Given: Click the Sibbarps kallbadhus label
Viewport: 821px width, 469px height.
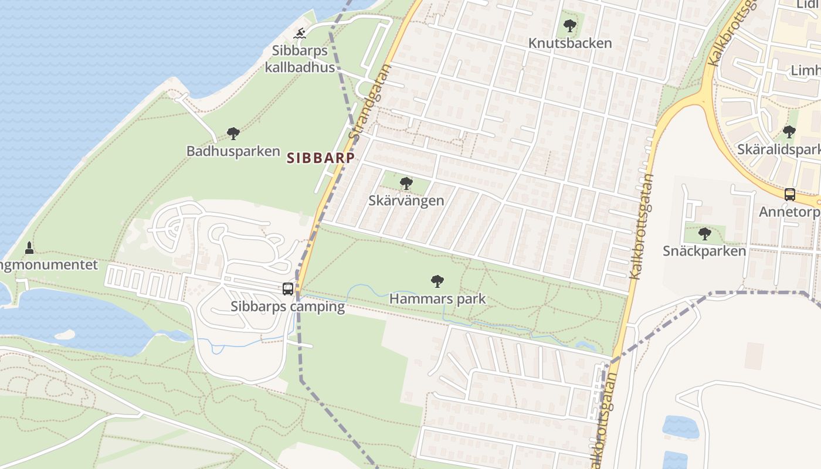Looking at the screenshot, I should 300,59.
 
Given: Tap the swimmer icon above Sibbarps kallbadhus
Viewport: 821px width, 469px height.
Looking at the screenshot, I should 300,33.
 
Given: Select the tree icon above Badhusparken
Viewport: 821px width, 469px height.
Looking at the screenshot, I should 233,134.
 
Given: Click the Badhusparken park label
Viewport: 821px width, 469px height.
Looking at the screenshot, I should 233,151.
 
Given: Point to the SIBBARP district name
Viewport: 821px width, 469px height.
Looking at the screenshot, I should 321,158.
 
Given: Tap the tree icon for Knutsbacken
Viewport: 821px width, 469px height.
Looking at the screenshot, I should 569,26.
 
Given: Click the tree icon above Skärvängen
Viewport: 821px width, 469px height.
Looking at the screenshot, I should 406,183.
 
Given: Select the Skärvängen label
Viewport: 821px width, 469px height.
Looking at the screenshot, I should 406,200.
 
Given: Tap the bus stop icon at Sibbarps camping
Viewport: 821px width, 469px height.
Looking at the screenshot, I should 288,288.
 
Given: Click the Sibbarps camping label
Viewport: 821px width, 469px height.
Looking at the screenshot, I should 287,307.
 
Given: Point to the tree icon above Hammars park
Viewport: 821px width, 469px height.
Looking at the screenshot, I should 437,281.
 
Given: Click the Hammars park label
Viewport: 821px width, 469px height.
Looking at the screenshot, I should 437,299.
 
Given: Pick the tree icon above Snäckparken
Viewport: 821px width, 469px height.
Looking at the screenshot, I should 705,234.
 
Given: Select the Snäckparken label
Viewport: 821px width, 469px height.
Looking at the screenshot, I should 704,251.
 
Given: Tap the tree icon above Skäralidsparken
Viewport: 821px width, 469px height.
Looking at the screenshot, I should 789,132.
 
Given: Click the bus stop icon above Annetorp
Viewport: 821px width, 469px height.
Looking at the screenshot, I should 790,194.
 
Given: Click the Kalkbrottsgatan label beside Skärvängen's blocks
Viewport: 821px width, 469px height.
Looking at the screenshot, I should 641,226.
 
